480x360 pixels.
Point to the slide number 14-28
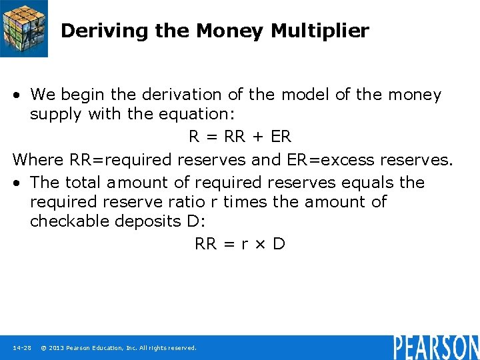pos(22,348)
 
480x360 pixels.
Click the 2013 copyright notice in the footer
pos(119,348)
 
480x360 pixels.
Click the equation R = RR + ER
pos(240,137)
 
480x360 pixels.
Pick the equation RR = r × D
pos(240,244)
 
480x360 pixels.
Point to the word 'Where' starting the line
pos(39,160)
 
